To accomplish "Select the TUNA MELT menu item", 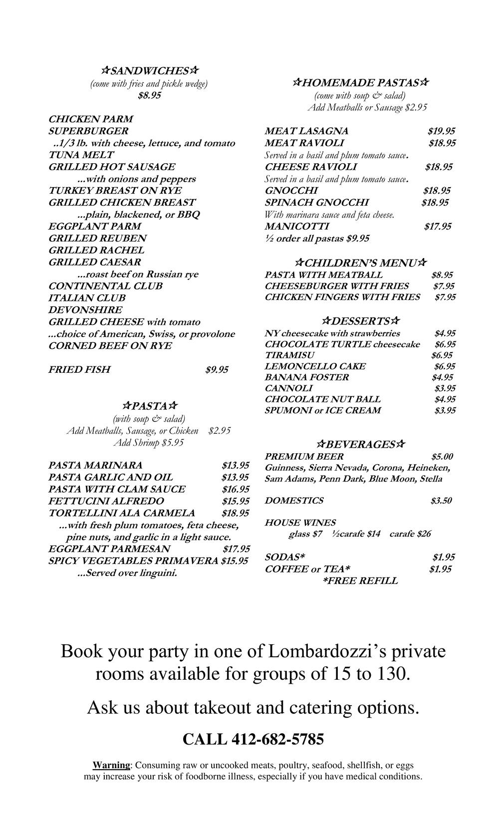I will click(81, 155).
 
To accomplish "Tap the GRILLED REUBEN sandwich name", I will click(97, 238).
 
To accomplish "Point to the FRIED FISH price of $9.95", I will click(217, 370).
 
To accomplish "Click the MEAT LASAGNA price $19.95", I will click(441, 131).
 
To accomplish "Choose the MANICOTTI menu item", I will click(297, 227).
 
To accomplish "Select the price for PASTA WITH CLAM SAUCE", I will click(235, 489).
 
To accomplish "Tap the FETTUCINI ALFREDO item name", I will click(106, 501).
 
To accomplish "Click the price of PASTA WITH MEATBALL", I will click(442, 275).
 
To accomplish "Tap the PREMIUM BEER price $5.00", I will click(442, 457).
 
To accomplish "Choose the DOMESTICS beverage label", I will click(294, 501).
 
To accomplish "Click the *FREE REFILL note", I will click(360, 581).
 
